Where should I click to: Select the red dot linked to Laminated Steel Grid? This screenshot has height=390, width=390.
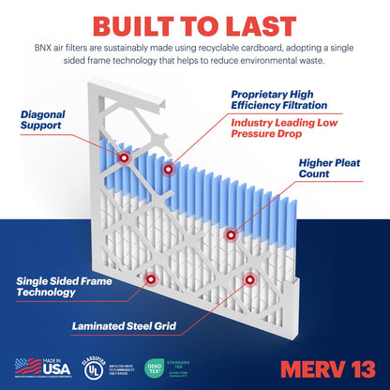(248, 279)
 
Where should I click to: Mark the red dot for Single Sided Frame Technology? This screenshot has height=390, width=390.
(151, 277)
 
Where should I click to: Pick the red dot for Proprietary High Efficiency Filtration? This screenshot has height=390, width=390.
(169, 171)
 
